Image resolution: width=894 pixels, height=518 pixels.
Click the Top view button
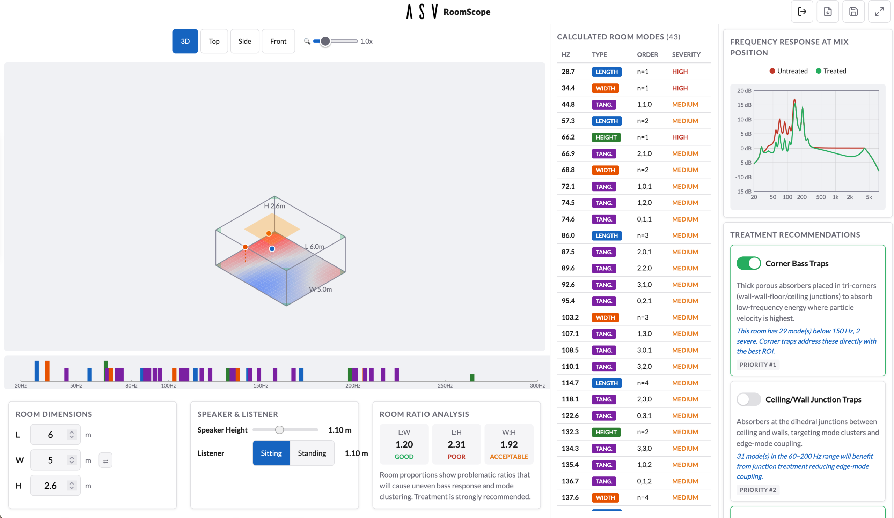coord(214,41)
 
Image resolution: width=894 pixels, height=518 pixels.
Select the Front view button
coord(278,41)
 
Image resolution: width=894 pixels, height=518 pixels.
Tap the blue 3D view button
coord(185,41)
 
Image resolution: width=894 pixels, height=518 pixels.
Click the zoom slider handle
coord(325,41)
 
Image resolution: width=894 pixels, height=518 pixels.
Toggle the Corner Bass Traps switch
coord(748,263)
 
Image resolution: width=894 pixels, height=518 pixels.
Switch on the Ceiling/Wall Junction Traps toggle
coord(748,399)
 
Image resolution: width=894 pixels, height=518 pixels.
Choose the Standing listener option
coord(312,453)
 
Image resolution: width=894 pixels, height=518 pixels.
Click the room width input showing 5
coord(50,460)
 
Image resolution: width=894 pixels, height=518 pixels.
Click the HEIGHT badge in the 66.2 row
coord(606,137)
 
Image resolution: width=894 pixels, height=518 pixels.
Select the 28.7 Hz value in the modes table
coord(567,72)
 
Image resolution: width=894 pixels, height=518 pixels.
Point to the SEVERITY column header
coord(686,54)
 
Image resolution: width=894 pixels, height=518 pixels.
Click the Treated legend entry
coord(830,71)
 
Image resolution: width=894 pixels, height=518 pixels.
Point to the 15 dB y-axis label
coord(744,105)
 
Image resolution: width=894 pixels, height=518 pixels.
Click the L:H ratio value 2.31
coord(456,444)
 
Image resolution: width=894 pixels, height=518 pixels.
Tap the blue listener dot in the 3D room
coord(272,249)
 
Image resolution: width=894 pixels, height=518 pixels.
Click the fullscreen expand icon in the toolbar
coord(879,12)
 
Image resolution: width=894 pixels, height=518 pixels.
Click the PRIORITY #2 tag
coord(757,490)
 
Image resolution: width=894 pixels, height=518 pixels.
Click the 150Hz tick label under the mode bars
coord(261,385)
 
